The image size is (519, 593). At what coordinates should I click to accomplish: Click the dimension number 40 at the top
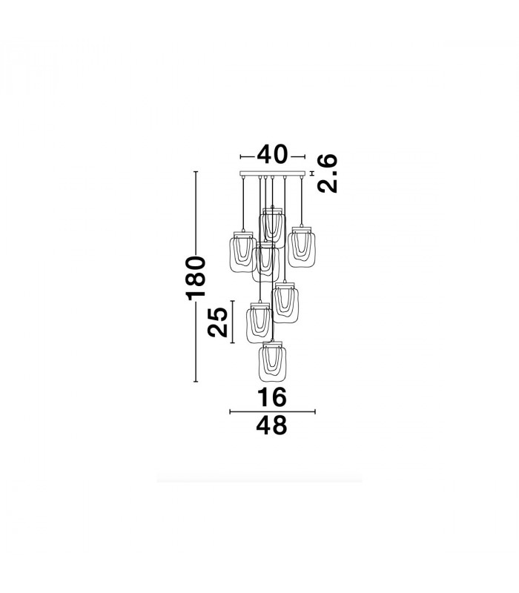pos(272,154)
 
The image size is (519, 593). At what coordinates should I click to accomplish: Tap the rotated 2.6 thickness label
pos(327,173)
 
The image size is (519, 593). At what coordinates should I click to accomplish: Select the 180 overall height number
pos(196,278)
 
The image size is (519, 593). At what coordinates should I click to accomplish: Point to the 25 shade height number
pos(218,322)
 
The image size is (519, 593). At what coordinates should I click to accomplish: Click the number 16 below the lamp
pos(271,397)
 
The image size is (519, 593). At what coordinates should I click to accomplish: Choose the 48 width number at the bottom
pos(271,425)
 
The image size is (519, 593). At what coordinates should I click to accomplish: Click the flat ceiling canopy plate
pos(272,173)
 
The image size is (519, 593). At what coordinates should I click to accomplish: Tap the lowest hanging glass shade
pos(272,362)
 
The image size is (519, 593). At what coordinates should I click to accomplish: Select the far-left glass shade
pos(243,253)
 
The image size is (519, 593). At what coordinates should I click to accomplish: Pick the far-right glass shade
pos(302,247)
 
